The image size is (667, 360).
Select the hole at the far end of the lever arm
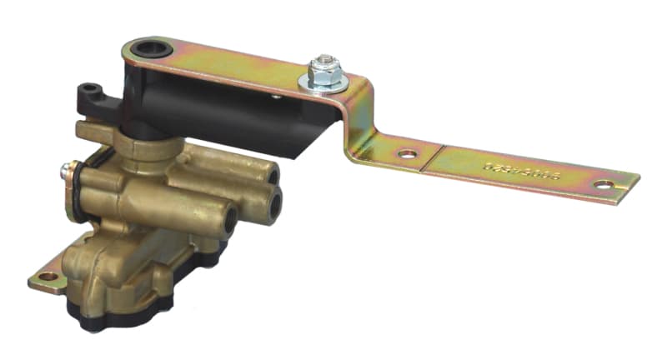click(x=601, y=185)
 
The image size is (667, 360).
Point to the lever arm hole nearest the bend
click(x=405, y=154)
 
